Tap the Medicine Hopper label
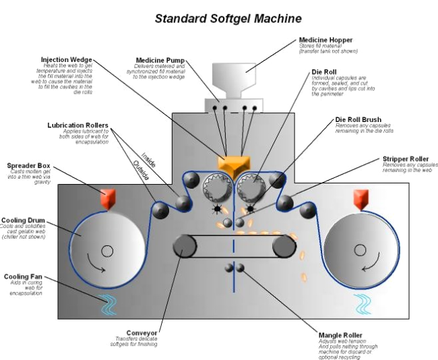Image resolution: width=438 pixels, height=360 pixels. (x=327, y=40)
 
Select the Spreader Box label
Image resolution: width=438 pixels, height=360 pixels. (x=28, y=165)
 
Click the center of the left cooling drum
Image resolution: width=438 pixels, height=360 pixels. (x=106, y=252)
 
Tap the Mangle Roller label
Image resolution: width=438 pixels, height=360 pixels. (x=340, y=334)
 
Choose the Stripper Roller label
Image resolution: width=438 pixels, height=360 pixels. (x=406, y=159)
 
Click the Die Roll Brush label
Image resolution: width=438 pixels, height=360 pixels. (x=361, y=120)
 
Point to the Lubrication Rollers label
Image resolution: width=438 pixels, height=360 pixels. (x=78, y=125)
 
